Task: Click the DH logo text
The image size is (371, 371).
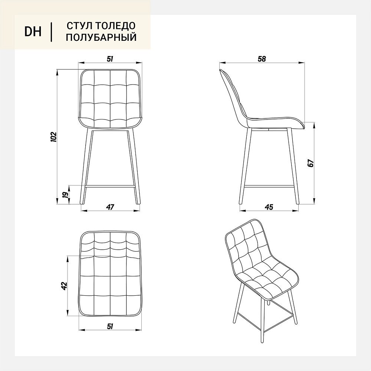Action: click(33, 32)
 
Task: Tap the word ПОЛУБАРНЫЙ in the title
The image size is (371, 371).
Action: click(101, 37)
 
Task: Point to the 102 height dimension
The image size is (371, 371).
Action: click(54, 137)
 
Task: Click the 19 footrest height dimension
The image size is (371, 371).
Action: click(66, 194)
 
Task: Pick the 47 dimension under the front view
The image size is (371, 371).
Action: click(110, 207)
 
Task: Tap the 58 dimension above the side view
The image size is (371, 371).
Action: click(262, 59)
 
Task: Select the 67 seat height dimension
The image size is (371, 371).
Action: click(311, 163)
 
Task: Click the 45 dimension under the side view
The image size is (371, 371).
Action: click(269, 207)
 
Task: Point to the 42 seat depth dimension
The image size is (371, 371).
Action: click(64, 286)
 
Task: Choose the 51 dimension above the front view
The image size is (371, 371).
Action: click(110, 59)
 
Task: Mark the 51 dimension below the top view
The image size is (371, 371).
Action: click(110, 326)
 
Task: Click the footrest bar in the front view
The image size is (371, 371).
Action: click(110, 186)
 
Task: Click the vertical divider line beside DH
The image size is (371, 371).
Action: click(51, 32)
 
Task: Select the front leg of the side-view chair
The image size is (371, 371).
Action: click(293, 166)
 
